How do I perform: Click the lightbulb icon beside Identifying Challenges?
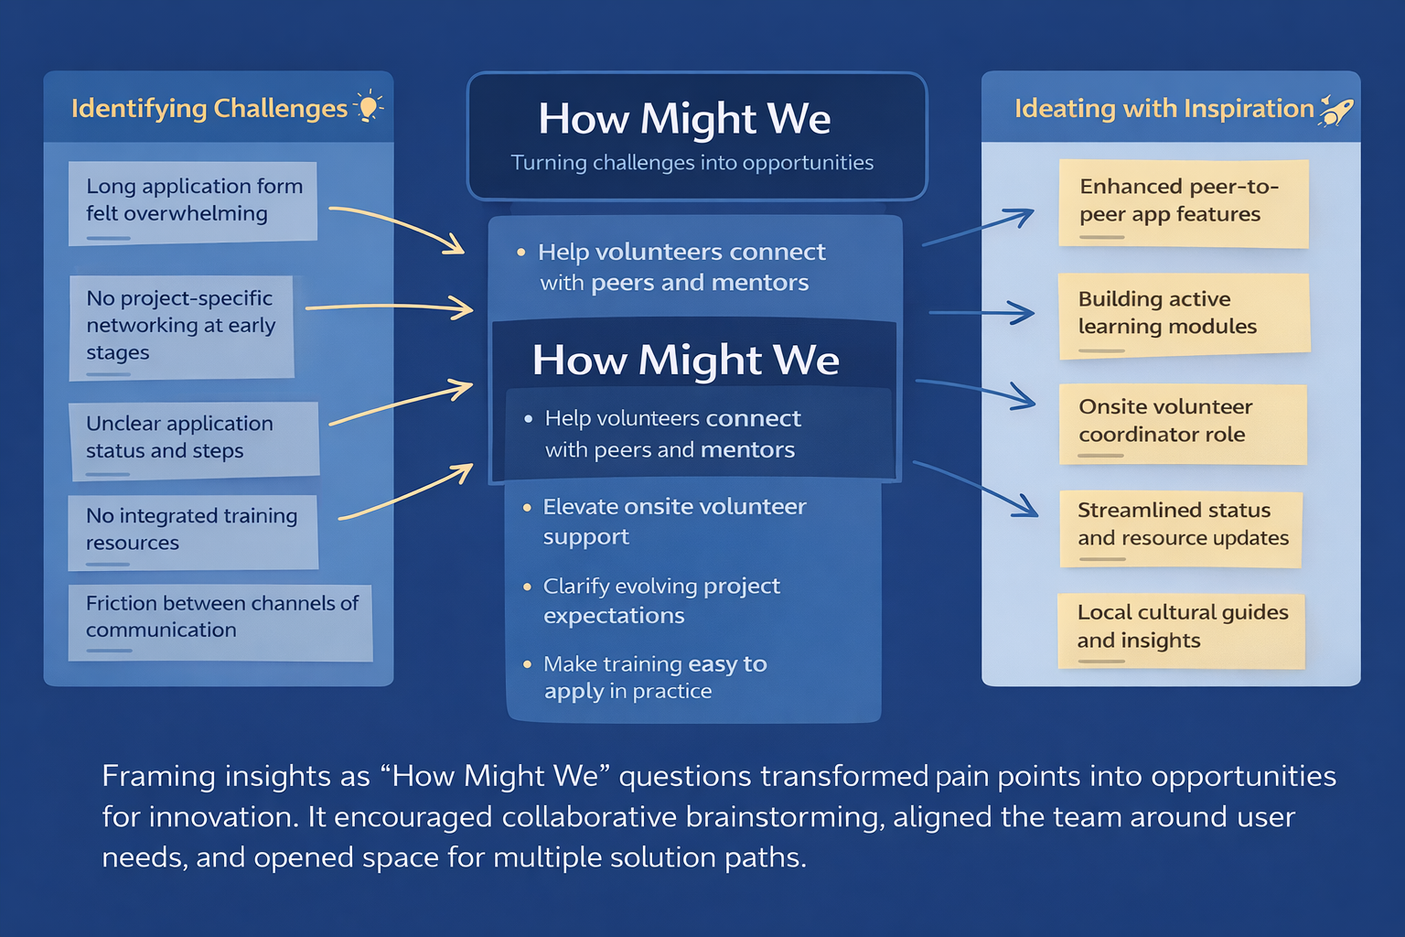click(x=369, y=107)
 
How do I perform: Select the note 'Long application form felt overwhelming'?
click(x=193, y=202)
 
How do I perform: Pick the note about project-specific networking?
click(x=181, y=327)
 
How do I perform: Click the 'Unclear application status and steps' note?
click(x=194, y=439)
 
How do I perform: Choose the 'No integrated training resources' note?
click(x=192, y=531)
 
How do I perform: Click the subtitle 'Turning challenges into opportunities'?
click(x=692, y=163)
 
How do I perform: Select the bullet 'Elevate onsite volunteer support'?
click(x=675, y=522)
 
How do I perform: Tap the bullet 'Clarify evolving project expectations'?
click(x=661, y=600)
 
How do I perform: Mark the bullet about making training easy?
click(x=655, y=677)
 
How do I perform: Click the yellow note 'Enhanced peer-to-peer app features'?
click(x=1183, y=202)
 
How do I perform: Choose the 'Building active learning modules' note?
click(x=1183, y=315)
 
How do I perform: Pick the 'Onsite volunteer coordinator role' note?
click(x=1182, y=423)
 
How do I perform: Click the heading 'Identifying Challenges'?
click(x=209, y=109)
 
